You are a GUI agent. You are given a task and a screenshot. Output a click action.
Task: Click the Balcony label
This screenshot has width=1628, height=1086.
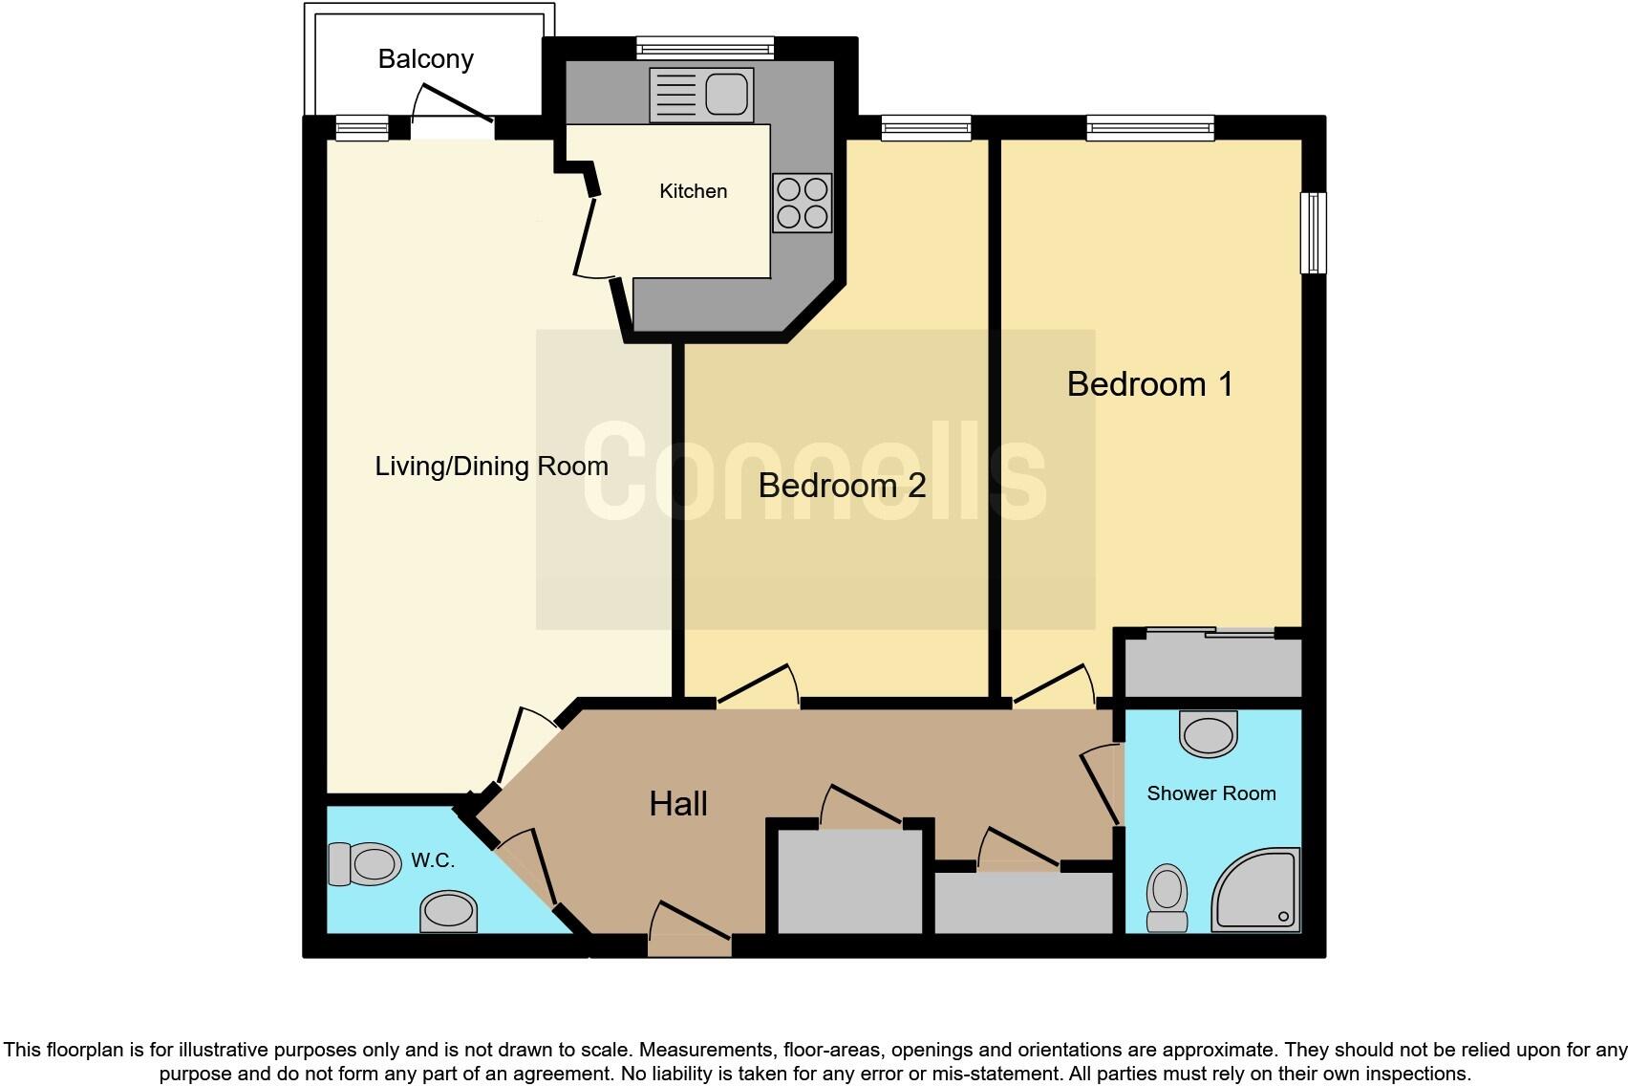(425, 59)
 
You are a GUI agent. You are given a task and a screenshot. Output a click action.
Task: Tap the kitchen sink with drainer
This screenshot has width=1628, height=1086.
(701, 95)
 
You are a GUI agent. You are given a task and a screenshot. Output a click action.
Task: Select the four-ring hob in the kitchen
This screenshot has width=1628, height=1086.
(802, 203)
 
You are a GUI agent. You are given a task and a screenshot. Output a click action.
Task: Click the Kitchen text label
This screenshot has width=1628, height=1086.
(693, 191)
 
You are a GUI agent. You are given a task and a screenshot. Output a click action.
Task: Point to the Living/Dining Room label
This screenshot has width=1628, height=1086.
(491, 467)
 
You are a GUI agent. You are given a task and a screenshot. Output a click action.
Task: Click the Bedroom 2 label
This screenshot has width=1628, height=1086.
(842, 486)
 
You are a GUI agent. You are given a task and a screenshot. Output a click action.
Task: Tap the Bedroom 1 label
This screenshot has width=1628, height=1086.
(1149, 384)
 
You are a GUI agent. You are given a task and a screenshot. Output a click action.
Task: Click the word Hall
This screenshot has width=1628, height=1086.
(678, 804)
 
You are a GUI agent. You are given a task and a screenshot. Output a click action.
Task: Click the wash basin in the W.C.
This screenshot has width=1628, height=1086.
(448, 911)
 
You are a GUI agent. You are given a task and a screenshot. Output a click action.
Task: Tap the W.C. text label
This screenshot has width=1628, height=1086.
(433, 860)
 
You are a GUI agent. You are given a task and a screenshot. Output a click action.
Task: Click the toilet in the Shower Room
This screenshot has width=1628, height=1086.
(1167, 897)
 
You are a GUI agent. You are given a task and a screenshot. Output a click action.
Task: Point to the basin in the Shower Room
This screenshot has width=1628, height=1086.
(1209, 734)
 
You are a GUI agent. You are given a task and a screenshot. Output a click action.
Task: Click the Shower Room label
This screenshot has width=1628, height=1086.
(1210, 793)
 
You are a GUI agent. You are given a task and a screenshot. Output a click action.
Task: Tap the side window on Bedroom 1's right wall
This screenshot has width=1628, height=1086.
(1314, 232)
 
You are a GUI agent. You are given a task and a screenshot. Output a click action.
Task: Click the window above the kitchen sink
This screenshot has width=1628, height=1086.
(705, 46)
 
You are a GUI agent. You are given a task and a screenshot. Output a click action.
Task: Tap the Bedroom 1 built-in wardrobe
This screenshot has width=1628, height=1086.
(1212, 666)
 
